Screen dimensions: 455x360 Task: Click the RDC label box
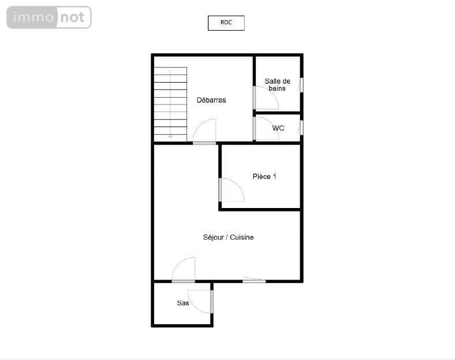tap(226, 23)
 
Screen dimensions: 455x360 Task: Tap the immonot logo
tap(49, 17)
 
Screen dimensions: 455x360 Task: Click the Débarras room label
tap(211, 100)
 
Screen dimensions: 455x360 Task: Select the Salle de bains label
tap(277, 85)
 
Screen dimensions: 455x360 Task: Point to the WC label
tap(278, 128)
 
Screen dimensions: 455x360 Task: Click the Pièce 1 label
tap(264, 176)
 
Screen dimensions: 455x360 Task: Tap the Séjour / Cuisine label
tap(229, 237)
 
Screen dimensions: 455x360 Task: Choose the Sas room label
tap(183, 303)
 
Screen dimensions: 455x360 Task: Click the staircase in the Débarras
tap(170, 105)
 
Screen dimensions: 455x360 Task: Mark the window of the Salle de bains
tap(301, 85)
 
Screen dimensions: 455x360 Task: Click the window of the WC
tap(301, 128)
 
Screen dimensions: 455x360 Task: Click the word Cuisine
tap(242, 237)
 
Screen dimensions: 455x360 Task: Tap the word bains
tap(277, 88)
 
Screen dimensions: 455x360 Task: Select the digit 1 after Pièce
tap(274, 176)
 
